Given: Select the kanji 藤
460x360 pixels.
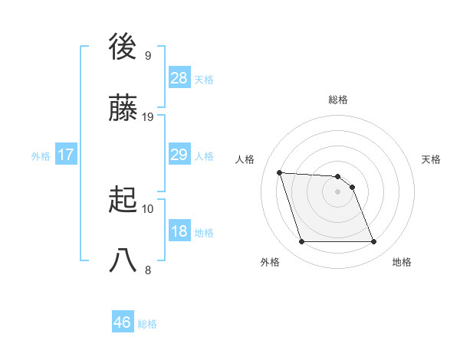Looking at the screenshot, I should point(124,110).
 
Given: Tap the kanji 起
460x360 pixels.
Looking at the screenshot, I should point(124,201).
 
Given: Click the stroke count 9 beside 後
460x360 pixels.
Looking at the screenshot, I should point(147,55).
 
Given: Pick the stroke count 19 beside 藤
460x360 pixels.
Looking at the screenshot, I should point(148,117).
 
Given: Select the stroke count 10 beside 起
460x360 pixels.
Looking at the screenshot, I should point(148,208).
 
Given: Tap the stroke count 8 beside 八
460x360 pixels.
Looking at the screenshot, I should point(147,270).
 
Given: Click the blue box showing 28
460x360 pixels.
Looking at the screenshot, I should point(179,78).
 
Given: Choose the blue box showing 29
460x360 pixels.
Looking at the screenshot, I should point(179,155).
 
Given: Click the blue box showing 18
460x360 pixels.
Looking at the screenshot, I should point(179,231).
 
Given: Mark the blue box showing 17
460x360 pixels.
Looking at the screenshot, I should point(66,155).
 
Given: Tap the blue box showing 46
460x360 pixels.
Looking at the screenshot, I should point(123,322).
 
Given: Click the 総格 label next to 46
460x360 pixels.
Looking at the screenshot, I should point(147,324).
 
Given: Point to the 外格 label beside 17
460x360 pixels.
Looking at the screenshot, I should point(41,156).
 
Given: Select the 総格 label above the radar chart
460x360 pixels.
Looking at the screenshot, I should point(338,100).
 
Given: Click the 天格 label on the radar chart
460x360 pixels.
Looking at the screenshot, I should point(432,159).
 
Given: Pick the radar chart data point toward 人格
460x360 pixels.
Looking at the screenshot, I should point(280,172).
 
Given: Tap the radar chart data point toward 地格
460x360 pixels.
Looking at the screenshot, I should point(373,242).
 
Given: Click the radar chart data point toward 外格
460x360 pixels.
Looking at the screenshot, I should point(301,242).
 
